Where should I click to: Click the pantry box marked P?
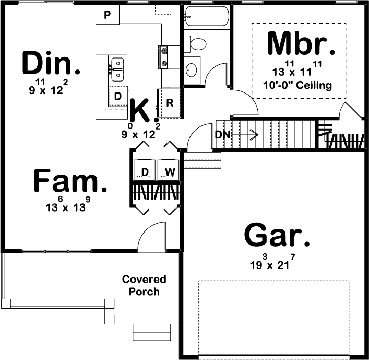(x=108, y=15)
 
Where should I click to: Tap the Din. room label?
(x=52, y=63)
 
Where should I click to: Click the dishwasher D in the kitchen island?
(x=118, y=96)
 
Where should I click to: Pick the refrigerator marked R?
(x=170, y=102)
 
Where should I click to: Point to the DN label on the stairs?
(x=222, y=135)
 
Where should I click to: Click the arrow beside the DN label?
(x=245, y=135)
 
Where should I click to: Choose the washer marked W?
(x=170, y=171)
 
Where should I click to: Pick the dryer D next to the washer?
(x=146, y=171)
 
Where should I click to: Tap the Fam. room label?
(x=70, y=182)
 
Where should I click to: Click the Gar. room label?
(x=277, y=236)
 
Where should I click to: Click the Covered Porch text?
(x=144, y=285)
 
